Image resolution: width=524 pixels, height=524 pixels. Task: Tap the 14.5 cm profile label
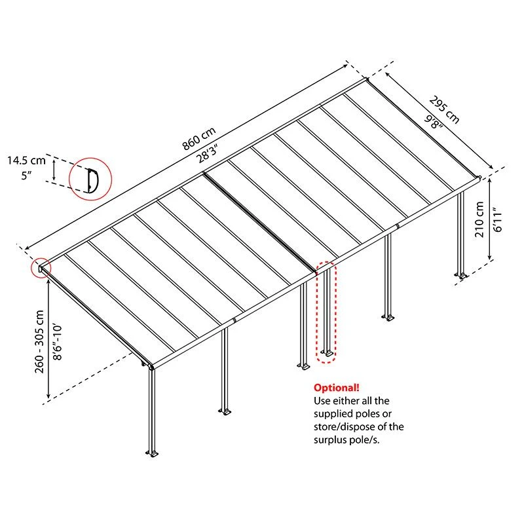(26, 159)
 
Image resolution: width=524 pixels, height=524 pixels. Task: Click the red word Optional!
(336, 387)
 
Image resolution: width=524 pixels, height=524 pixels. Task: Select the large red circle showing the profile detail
(91, 179)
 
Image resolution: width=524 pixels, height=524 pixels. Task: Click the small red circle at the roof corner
(41, 268)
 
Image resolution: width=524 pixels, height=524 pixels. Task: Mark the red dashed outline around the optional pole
(326, 312)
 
